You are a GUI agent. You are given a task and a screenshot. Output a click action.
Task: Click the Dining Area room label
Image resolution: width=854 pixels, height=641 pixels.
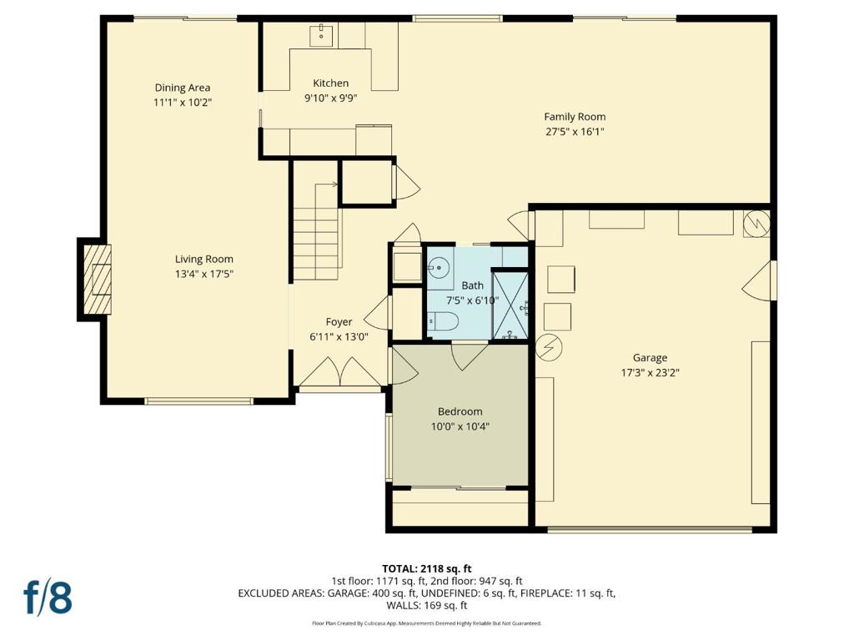pos(182,88)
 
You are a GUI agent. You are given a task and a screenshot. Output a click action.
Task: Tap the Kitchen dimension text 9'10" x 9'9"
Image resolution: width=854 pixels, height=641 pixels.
pos(330,97)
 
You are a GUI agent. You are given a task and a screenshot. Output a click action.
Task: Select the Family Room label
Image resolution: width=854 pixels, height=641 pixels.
pos(575,117)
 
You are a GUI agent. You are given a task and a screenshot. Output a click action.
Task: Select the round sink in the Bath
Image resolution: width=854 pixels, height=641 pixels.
pos(438,267)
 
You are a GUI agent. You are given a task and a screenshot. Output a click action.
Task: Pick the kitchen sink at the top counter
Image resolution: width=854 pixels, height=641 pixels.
pos(321,34)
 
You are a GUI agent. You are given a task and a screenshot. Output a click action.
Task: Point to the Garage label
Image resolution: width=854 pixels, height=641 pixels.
pos(650,358)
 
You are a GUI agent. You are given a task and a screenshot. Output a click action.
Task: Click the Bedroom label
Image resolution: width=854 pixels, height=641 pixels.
pos(460,411)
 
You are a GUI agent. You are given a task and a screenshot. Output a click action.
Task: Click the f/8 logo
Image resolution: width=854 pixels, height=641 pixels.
pos(48,598)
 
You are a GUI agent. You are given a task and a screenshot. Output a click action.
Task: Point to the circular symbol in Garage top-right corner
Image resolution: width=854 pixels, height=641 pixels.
pos(756,223)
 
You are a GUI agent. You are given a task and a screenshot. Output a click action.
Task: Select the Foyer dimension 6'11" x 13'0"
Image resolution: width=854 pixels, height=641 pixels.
pos(339,336)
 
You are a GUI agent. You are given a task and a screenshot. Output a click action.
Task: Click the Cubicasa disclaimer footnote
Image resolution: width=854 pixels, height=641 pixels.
pos(426,623)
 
